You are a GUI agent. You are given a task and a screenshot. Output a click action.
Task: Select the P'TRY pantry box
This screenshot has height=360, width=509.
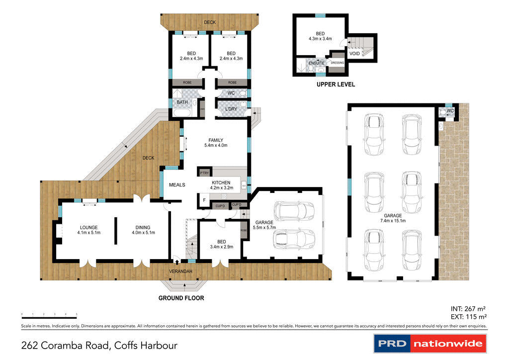coord(204,173)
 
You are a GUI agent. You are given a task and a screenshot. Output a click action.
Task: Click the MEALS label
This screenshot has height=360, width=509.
coord(177,185)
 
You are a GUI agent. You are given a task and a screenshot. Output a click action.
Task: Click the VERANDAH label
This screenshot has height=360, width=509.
coord(181,271)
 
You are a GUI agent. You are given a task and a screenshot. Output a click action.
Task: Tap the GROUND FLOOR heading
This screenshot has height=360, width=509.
coord(181,298)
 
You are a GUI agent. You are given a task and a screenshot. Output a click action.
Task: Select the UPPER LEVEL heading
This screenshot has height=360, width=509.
coord(336,85)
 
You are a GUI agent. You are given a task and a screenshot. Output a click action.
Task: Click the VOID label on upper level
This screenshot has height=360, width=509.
coord(355,53)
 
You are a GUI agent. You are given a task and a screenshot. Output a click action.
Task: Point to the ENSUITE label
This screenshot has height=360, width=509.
coord(316,63)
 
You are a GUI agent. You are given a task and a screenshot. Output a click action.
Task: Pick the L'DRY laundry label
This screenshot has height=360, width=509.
coord(231,109)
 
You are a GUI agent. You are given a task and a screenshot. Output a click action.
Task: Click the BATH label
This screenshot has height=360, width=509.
coord(182,102)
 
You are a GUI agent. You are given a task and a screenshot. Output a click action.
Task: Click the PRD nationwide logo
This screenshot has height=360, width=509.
coord(429,344)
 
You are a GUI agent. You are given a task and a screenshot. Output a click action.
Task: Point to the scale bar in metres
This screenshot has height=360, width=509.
coord(49,315)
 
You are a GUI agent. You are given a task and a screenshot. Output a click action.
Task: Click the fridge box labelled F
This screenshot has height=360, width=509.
coord(204,200)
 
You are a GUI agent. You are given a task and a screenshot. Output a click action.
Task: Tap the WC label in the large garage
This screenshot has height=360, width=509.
coord(450,110)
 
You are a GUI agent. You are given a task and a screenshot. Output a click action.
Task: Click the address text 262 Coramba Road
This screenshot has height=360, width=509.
coord(99,345)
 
